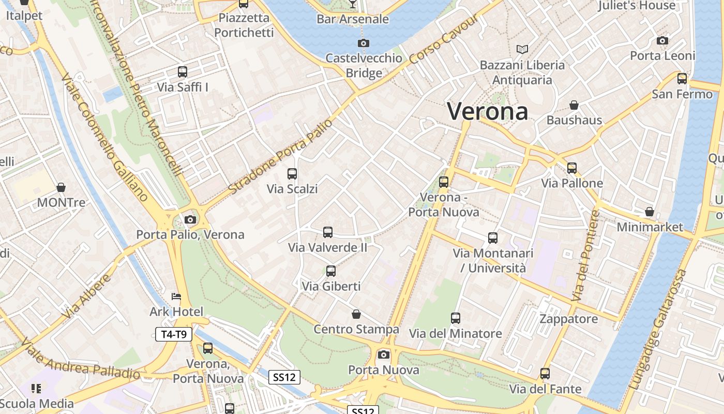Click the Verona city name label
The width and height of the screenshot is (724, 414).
pos(488,111)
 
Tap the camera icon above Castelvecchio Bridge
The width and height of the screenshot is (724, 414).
pos(364,43)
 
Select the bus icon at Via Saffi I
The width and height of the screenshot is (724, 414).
pos(183,72)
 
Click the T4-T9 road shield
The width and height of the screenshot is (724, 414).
pos(174,334)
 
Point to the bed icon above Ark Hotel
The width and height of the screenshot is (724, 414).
pos(176,297)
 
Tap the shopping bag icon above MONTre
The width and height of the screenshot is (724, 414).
pos(61,187)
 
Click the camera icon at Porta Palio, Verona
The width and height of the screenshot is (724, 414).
pos(190,219)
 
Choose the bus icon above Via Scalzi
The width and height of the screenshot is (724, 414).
pos(292,174)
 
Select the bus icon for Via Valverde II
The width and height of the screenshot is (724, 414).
pos(328,232)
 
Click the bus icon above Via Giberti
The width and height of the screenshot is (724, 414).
pos(331,271)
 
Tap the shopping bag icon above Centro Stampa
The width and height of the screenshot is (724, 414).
pos(356,314)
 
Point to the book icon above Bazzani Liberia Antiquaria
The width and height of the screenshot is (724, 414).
pos(522,50)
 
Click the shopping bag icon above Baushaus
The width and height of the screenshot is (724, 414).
pos(574,105)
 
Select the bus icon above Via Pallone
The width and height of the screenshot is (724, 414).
pos(571,168)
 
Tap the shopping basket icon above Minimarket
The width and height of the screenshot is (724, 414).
pos(650,212)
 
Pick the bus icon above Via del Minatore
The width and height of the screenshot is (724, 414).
pos(456,318)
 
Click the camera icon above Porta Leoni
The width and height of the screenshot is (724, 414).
pos(662,41)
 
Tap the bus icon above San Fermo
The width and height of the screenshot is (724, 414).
pos(682,79)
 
